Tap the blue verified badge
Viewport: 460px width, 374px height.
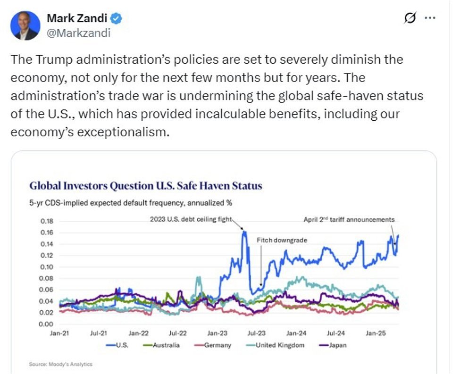coord(117,19)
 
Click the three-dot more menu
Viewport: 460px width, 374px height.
coord(430,18)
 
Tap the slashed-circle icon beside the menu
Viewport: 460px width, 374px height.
coord(410,18)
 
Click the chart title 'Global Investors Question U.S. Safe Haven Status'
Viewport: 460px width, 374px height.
coord(145,186)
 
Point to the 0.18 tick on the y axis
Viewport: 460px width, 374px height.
coord(47,221)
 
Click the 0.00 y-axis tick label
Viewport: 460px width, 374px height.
coord(47,324)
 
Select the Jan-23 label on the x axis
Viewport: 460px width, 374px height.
coord(216,333)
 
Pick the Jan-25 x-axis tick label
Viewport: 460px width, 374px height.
coord(376,333)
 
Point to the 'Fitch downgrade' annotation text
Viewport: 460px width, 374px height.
coord(282,240)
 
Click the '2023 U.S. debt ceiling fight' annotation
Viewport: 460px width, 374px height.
coord(191,218)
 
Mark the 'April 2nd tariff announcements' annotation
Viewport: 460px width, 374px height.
coord(349,219)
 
